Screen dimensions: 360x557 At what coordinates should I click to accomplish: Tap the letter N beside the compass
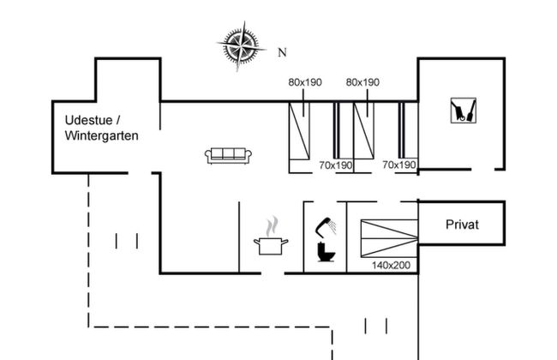click(x=282, y=52)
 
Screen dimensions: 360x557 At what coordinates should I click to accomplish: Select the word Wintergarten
click(x=101, y=135)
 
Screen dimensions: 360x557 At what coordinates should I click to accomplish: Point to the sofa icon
click(x=229, y=155)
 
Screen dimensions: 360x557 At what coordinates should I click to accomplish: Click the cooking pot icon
click(x=272, y=245)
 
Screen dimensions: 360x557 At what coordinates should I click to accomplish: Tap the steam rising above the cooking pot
click(x=273, y=226)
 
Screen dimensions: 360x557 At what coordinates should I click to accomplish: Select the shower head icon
click(x=322, y=225)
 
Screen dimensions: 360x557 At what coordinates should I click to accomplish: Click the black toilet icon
click(x=326, y=252)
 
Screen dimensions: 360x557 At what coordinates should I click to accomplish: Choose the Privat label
click(x=462, y=225)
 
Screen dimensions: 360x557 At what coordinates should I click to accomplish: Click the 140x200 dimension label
click(x=391, y=266)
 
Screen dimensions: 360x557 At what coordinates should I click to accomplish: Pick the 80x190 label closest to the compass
click(x=304, y=82)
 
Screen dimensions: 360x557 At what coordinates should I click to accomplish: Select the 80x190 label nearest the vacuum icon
click(x=362, y=82)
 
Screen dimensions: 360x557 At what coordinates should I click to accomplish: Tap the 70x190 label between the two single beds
click(x=336, y=165)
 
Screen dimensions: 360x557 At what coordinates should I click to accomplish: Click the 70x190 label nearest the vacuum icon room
click(x=399, y=165)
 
